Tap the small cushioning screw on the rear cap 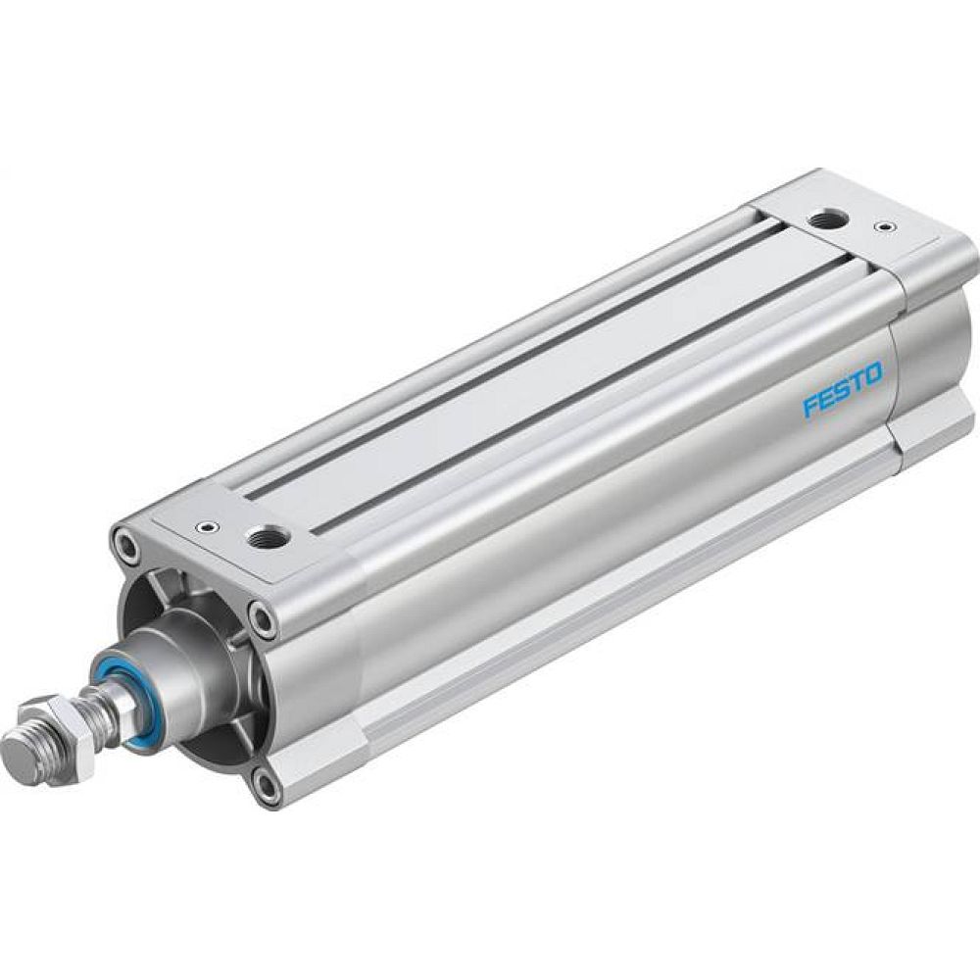tap(886, 227)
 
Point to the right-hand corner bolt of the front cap tap(262, 616)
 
